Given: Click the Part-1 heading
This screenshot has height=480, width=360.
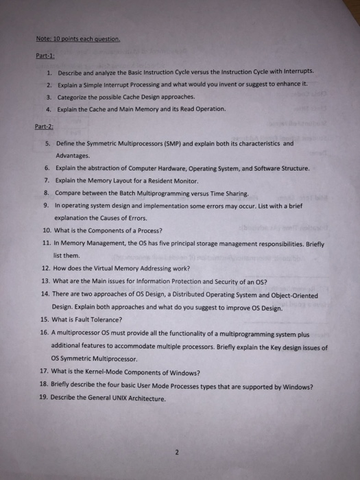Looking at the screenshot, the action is click(45, 57).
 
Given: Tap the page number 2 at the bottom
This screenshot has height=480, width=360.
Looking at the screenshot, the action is click(177, 453).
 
